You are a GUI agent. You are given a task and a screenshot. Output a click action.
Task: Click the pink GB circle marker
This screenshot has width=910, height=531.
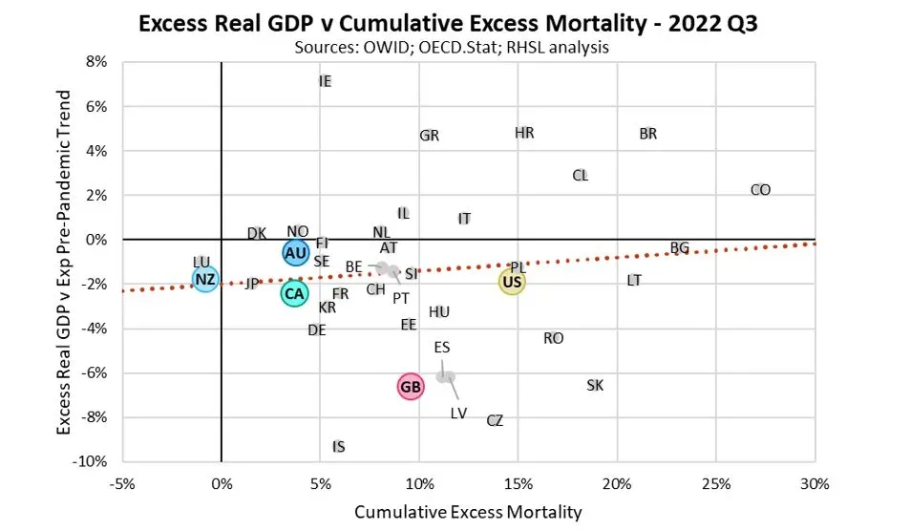pos(411,387)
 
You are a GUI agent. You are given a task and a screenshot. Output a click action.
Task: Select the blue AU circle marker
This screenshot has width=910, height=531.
pos(295,252)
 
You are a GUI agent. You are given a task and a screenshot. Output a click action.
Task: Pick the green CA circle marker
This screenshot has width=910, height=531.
pos(294,294)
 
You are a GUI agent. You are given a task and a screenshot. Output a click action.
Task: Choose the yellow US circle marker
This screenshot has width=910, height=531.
pos(512,282)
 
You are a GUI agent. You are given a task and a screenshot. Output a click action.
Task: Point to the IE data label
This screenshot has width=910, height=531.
pos(325,82)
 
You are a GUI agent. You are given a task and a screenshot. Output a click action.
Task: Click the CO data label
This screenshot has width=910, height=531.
pos(760,190)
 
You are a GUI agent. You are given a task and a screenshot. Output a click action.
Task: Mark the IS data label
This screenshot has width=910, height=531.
pos(339,447)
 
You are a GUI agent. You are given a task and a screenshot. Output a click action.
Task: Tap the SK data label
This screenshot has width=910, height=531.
pos(595,386)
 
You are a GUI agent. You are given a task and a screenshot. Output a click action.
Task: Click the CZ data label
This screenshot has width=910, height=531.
pos(495,420)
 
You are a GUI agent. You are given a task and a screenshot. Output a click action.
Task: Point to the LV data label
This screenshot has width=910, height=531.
pos(458,414)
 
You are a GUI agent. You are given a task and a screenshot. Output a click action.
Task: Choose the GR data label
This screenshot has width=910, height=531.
pos(430,136)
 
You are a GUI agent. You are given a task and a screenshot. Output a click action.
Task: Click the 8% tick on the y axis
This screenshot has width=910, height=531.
pos(96,62)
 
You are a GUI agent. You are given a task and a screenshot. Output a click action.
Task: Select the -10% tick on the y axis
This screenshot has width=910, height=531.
pos(92,462)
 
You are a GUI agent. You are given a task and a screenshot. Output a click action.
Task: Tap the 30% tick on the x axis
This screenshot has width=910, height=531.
pos(815,482)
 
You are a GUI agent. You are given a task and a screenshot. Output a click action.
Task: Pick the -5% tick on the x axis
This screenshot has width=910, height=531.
pos(121,482)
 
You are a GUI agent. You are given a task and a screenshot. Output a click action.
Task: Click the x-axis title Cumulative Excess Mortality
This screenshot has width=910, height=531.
pos(468,512)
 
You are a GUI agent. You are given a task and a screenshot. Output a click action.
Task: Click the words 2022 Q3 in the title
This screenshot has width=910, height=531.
pos(720,22)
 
